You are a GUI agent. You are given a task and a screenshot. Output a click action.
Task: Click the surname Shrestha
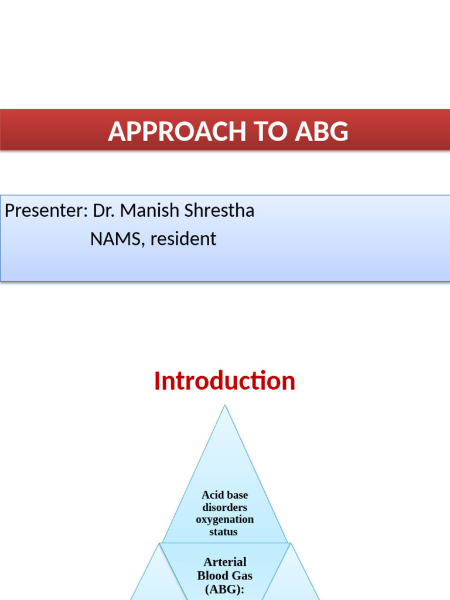point(220,210)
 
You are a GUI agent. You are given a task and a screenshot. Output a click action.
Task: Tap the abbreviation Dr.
point(103,210)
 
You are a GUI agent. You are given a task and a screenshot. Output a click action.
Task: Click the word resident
point(183,239)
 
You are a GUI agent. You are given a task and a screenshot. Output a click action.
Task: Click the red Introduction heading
point(224,381)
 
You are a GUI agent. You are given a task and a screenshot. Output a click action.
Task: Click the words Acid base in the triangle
point(224,495)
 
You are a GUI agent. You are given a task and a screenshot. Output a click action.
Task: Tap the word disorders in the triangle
point(224,507)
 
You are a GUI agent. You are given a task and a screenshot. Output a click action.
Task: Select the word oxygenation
point(224,520)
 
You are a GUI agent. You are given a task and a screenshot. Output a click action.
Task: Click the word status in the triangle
point(224,532)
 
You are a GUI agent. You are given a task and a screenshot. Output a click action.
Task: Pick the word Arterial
point(224,562)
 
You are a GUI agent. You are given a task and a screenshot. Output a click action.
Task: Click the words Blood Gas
point(224,575)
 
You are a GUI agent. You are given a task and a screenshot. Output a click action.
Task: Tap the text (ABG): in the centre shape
point(224,589)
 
